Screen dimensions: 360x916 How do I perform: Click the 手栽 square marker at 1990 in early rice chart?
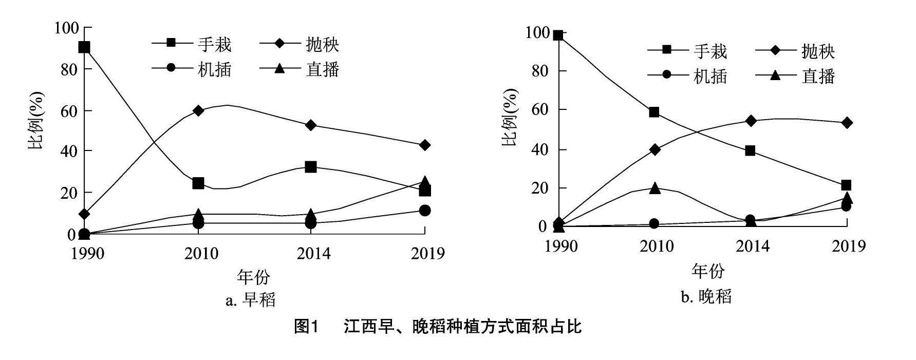[84, 47]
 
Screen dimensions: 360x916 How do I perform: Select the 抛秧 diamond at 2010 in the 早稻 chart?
[198, 110]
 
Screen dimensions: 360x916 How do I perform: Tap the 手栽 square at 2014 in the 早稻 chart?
[310, 167]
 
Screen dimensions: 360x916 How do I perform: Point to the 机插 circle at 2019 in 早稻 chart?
[424, 211]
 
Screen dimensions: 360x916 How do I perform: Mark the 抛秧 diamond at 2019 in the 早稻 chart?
[424, 145]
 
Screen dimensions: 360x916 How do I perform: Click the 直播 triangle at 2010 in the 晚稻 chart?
[654, 188]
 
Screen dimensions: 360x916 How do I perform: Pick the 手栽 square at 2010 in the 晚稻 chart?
[654, 112]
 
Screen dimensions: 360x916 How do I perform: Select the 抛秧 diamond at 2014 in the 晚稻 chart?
[750, 121]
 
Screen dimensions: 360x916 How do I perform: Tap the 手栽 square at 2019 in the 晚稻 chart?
[846, 185]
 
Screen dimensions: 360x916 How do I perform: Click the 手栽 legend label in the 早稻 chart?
[215, 45]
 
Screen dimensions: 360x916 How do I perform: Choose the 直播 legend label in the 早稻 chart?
[323, 69]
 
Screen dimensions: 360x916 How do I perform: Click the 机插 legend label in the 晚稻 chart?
[711, 76]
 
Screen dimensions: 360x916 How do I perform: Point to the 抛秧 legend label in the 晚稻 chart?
[818, 51]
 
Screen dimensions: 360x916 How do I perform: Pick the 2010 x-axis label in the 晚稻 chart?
[656, 247]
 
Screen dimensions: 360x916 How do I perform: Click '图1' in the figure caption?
[307, 326]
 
